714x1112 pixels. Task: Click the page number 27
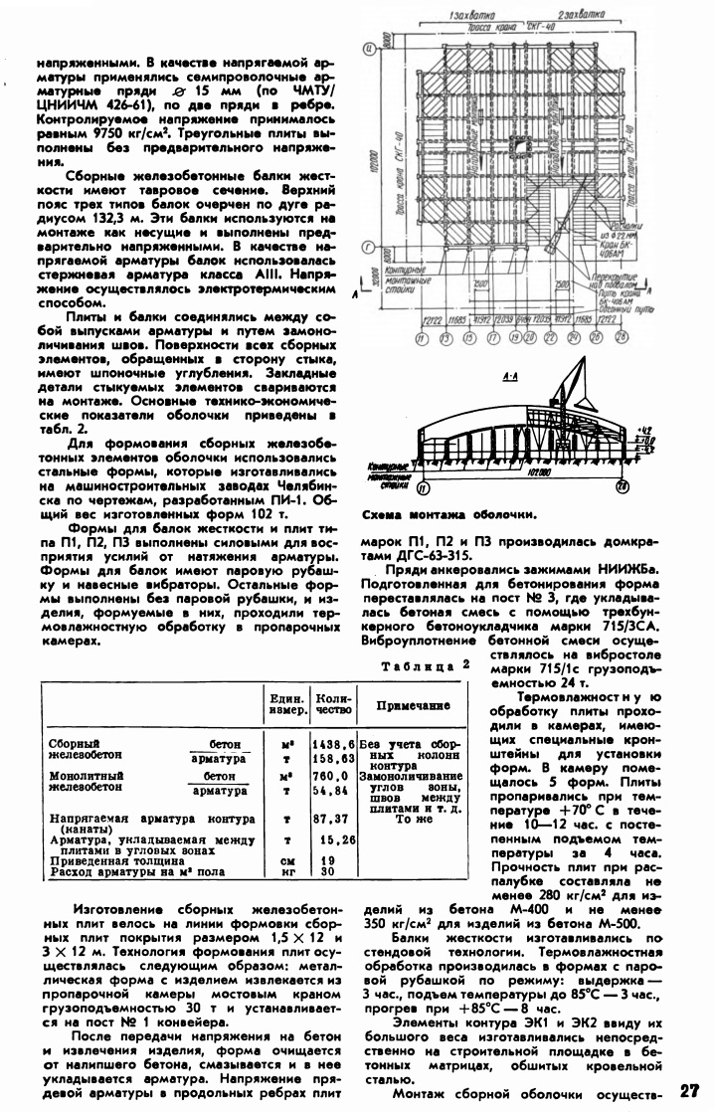[692, 1091]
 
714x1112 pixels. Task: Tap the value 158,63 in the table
[332, 758]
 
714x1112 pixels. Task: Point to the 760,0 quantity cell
[332, 775]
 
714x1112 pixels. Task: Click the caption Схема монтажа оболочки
[442, 515]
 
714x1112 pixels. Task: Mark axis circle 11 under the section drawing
[425, 487]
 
